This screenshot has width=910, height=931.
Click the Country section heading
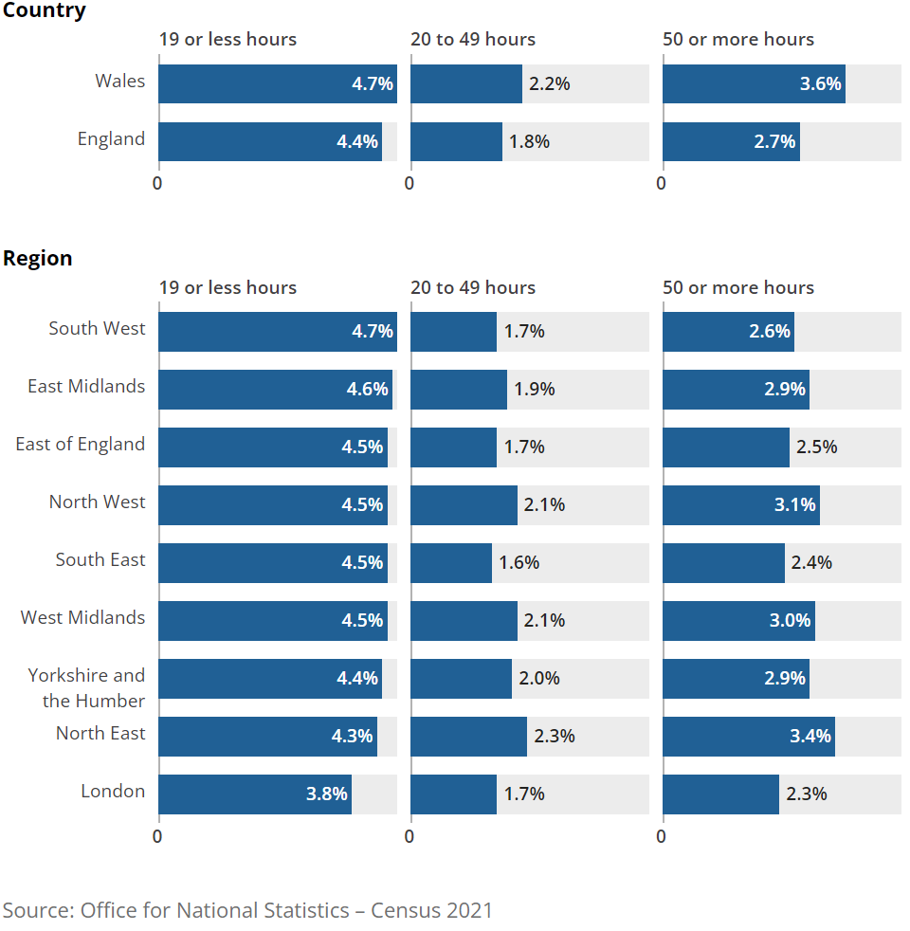click(x=44, y=11)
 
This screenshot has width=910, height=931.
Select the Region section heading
click(x=38, y=259)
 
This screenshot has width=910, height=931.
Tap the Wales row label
click(x=120, y=82)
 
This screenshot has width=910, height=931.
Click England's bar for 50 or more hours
click(x=730, y=142)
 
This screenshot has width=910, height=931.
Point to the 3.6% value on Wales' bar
click(x=820, y=84)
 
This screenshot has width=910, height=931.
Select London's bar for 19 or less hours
click(x=254, y=794)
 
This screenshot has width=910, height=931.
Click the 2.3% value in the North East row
click(x=555, y=737)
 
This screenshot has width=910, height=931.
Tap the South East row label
click(x=100, y=560)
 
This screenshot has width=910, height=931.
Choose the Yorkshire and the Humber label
click(x=87, y=688)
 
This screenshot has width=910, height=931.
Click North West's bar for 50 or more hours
click(x=740, y=505)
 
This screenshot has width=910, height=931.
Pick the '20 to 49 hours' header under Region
click(x=472, y=288)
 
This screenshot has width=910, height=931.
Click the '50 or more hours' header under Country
click(x=737, y=40)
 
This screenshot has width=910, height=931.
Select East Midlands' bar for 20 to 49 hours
click(x=458, y=390)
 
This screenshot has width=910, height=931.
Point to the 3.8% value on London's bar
click(x=326, y=794)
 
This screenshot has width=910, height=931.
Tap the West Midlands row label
click(x=83, y=618)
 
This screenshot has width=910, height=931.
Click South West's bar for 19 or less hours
click(x=277, y=332)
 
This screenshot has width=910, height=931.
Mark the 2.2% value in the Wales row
click(x=549, y=84)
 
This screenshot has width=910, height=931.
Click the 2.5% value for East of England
click(x=816, y=447)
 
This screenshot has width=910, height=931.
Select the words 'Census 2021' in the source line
click(x=431, y=910)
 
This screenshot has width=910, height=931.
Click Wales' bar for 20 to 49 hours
click(x=465, y=84)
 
